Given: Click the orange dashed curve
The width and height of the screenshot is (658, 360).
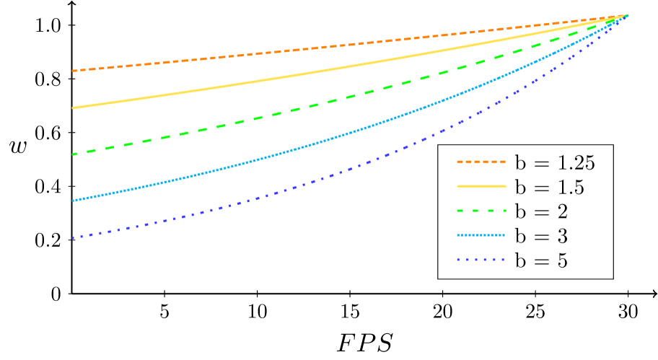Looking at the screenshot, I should pyautogui.click(x=289, y=51).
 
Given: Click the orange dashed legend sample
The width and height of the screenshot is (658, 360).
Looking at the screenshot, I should pyautogui.click(x=481, y=162).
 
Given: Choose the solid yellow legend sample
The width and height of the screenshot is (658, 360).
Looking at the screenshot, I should pyautogui.click(x=481, y=186).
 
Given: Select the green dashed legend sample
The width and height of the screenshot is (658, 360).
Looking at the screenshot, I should pyautogui.click(x=481, y=211).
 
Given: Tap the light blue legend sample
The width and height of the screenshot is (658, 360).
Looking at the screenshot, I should pyautogui.click(x=481, y=235).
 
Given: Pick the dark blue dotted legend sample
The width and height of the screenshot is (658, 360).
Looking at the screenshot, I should pyautogui.click(x=481, y=260).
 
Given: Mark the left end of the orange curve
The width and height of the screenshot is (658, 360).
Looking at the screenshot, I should pyautogui.click(x=73, y=71).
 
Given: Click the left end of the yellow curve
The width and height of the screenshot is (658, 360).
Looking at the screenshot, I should pyautogui.click(x=73, y=107).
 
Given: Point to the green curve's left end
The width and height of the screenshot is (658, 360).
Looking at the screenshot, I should pyautogui.click(x=73, y=154).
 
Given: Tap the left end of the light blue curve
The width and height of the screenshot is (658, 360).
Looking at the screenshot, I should pyautogui.click(x=73, y=201).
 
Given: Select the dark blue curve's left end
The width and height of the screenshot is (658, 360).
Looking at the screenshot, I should pyautogui.click(x=73, y=237).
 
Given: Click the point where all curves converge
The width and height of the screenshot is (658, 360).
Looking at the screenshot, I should pyautogui.click(x=628, y=15).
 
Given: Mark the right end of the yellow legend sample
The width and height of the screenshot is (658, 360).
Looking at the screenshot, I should pyautogui.click(x=506, y=186).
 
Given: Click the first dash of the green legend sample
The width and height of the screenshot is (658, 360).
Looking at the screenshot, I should pyautogui.click(x=460, y=211).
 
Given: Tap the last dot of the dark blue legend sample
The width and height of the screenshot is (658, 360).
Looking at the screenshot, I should pyautogui.click(x=503, y=260).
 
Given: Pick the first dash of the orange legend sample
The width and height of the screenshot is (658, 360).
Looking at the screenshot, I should pyautogui.click(x=460, y=162).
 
